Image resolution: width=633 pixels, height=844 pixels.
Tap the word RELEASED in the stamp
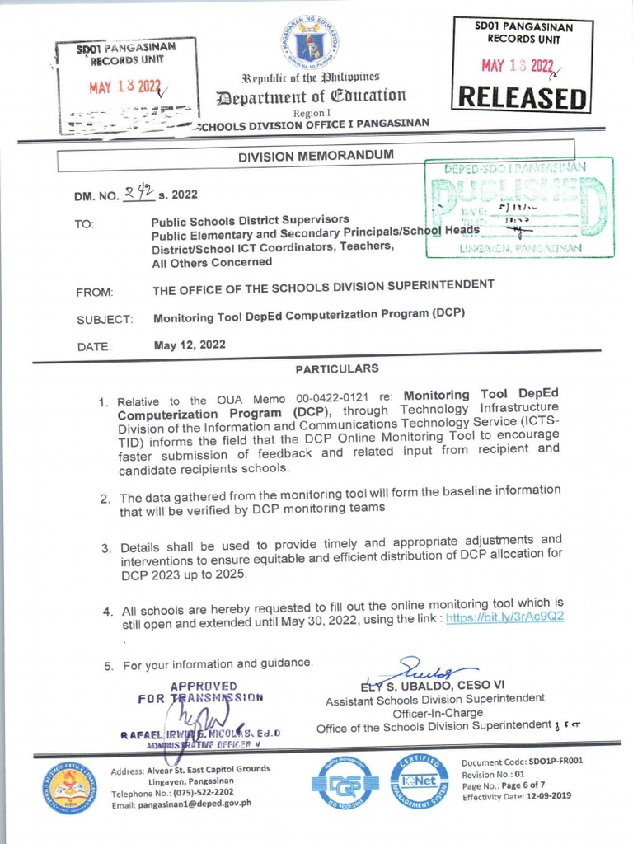click(x=523, y=96)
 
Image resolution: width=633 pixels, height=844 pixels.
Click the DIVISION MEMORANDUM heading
click(x=316, y=155)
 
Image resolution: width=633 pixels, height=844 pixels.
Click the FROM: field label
click(x=94, y=292)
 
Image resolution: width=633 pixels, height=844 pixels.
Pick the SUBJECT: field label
click(x=105, y=319)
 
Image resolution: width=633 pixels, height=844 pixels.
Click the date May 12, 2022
click(x=190, y=345)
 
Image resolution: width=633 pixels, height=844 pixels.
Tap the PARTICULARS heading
click(x=337, y=368)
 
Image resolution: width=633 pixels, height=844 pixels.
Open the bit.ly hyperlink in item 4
click(x=504, y=617)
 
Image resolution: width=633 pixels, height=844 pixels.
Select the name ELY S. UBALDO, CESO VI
click(x=433, y=685)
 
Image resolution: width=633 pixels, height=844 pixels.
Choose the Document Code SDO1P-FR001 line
click(x=522, y=762)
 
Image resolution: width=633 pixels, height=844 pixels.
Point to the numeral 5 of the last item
click(x=108, y=666)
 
